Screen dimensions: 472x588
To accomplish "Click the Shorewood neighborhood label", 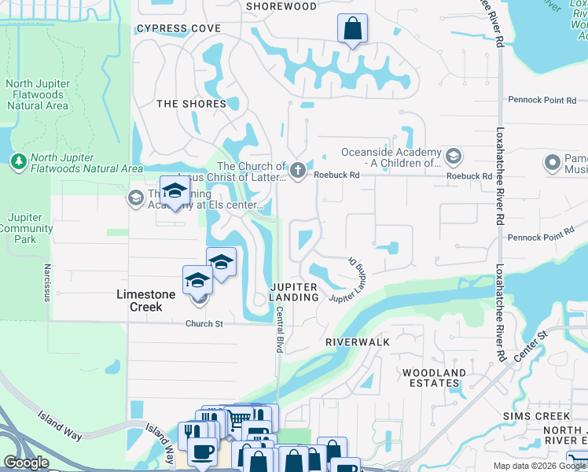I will [281, 6].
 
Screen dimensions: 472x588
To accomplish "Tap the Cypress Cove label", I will [178, 28].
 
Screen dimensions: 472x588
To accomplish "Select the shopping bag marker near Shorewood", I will [352, 29].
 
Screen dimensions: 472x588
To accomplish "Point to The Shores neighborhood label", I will [191, 104].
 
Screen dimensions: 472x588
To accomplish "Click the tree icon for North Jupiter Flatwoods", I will [19, 160].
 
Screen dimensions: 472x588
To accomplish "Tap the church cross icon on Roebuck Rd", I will [297, 170].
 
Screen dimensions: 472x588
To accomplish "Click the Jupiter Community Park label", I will [29, 228].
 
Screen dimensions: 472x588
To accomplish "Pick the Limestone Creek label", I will [139, 301].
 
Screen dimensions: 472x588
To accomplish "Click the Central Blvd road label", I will [278, 329].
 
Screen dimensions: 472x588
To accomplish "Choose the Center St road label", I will [531, 347].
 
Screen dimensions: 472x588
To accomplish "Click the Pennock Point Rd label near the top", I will [535, 101].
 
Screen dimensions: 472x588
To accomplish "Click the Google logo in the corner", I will [26, 463].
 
